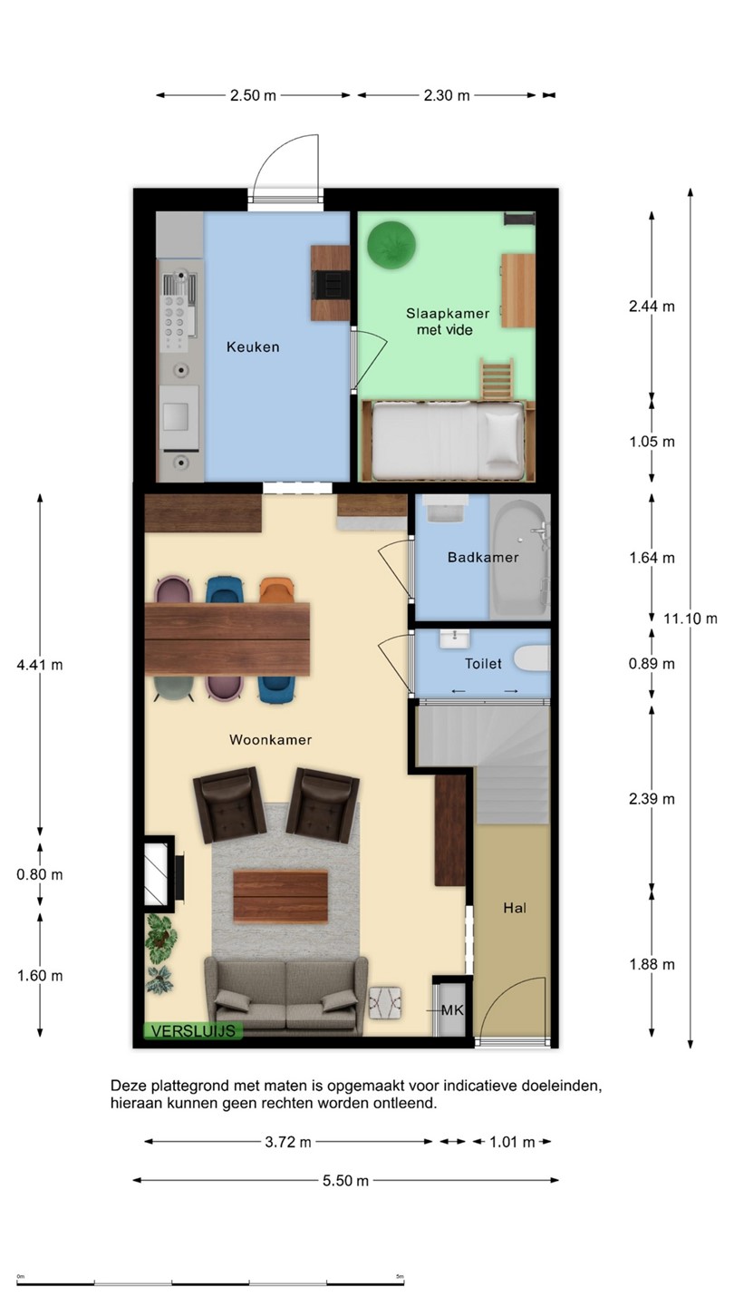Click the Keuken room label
click(253, 346)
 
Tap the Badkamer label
click(483, 557)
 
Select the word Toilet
click(483, 663)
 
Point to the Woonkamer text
click(270, 739)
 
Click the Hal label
click(515, 907)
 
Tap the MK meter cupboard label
click(452, 1009)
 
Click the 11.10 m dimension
click(691, 618)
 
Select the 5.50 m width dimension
click(345, 1180)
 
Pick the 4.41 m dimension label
click(40, 665)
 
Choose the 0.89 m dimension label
click(652, 664)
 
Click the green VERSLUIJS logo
click(193, 1030)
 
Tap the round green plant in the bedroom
click(391, 245)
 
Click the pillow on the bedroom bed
click(504, 438)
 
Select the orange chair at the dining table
click(276, 590)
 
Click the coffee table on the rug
click(281, 896)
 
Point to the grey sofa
click(285, 996)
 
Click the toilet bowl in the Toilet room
click(531, 658)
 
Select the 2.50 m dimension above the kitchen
click(253, 95)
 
